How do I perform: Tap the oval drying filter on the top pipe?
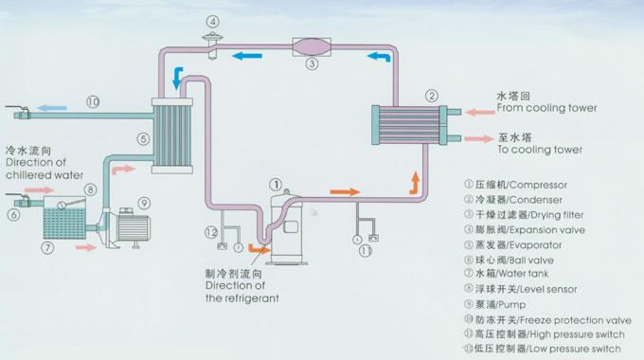tap(312, 46)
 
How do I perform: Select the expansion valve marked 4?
tap(213, 45)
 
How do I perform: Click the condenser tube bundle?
tap(409, 125)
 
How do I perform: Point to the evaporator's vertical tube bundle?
tap(172, 135)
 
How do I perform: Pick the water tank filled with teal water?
tap(65, 218)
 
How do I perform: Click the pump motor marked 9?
tap(133, 228)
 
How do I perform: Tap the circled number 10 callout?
tap(93, 101)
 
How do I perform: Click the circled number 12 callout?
tap(210, 232)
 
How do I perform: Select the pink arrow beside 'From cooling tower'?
tap(480, 112)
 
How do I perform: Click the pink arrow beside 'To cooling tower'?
tap(479, 139)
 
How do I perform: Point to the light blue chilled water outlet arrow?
tap(52, 108)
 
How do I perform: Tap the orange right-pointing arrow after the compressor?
tap(345, 191)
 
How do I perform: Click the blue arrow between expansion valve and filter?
tap(247, 56)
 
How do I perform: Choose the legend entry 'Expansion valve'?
tap(525, 229)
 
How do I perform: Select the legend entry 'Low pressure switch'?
tap(542, 349)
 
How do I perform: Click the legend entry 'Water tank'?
tap(506, 273)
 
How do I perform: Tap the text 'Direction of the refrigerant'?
tap(241, 292)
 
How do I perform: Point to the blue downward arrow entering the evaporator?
tap(177, 78)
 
